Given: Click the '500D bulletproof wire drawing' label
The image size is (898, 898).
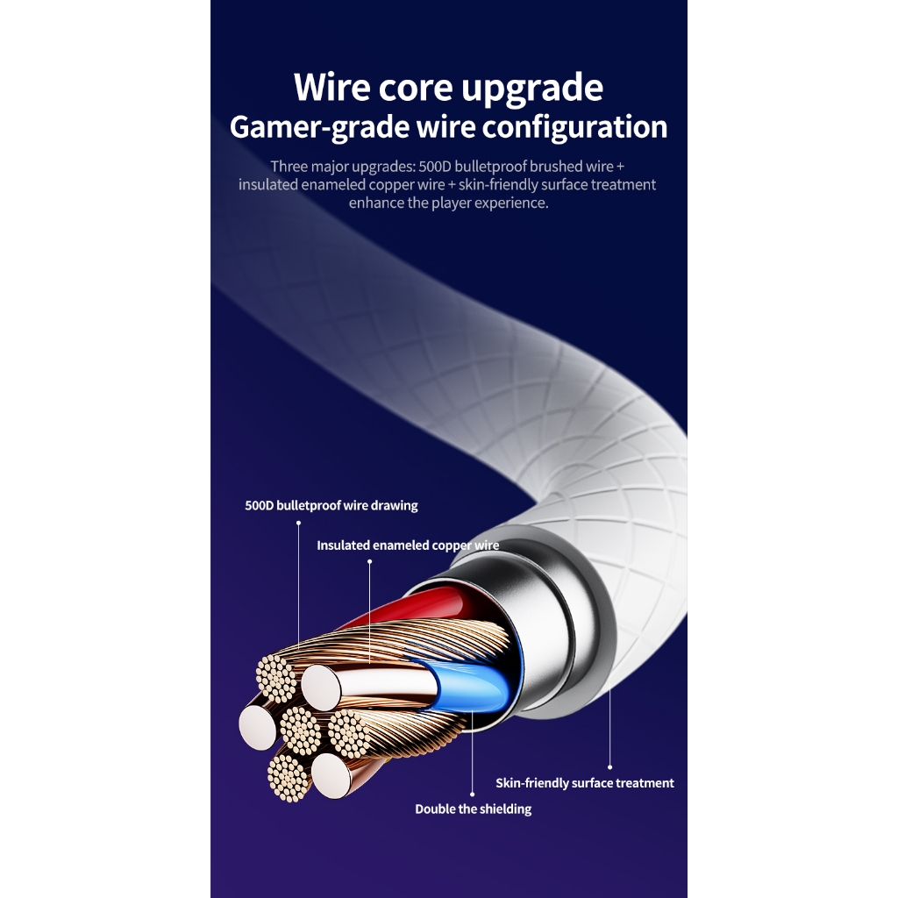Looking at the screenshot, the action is [331, 505].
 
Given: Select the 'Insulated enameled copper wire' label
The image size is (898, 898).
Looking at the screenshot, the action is [408, 545].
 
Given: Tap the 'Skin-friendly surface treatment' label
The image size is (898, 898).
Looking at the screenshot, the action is [585, 783].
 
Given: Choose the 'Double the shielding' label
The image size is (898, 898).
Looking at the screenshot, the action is [474, 809].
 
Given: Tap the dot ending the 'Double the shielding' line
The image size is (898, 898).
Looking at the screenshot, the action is [474, 794].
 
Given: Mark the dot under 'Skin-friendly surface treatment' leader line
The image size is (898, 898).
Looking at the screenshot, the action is [609, 767].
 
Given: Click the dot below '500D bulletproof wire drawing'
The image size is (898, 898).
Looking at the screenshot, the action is [298, 523].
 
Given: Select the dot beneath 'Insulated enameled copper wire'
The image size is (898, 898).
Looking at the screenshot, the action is [369, 562].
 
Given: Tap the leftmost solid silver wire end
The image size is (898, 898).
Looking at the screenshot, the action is [257, 726].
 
